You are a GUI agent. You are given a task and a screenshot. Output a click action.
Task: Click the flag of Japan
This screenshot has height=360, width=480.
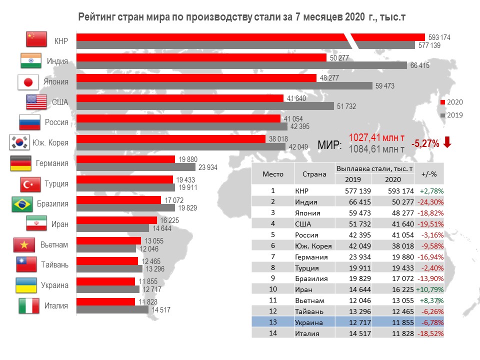point(28,82)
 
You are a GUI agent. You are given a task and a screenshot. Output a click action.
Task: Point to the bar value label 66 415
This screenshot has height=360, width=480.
point(420,65)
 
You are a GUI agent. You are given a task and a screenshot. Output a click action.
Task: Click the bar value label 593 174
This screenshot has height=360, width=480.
point(439,37)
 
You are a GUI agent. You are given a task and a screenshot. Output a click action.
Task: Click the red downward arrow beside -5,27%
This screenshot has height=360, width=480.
point(447,142)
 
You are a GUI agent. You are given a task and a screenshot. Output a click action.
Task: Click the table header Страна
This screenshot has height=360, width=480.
point(314,174)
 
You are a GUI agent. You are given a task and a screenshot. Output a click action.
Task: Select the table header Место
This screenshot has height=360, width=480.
point(273,174)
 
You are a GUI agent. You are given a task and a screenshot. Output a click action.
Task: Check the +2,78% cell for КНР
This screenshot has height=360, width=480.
point(431,190)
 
